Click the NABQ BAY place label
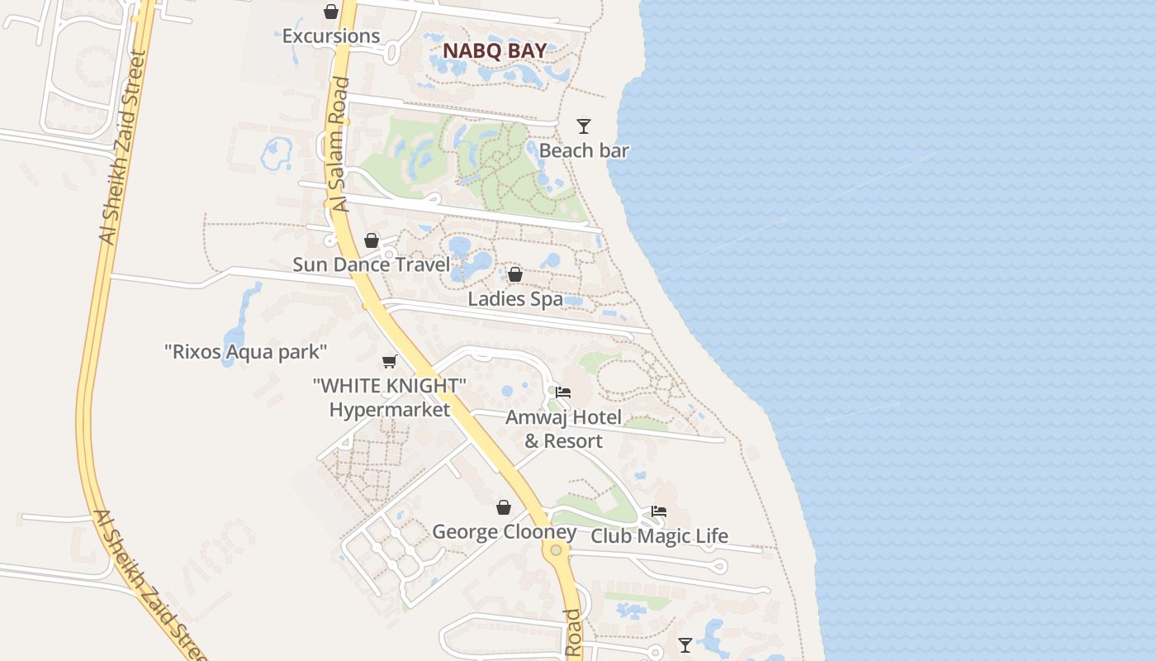pos(495,50)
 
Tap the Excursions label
pos(331,36)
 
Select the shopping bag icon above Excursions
pos(331,12)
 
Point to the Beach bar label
pos(584,150)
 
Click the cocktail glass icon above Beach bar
pos(584,126)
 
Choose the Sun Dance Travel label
pos(372,264)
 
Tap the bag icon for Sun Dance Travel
pos(372,240)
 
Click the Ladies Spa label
pos(515,298)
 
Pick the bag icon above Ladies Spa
pos(515,274)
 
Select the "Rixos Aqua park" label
pos(246,352)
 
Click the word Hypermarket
pos(390,409)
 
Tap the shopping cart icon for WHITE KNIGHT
pos(390,361)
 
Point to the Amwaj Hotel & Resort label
pos(563,429)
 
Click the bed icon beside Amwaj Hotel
pos(563,392)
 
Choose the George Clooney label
pos(504,531)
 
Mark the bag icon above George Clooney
pos(504,507)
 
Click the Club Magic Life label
pos(659,535)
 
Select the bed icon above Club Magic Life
pos(659,511)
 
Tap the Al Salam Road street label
pos(340,145)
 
